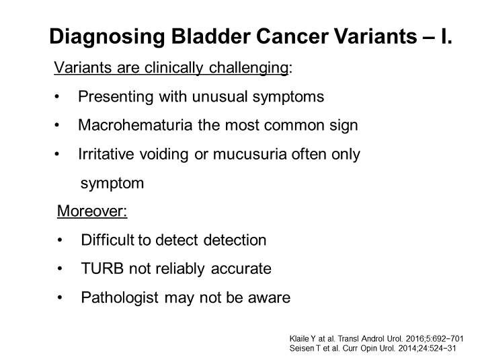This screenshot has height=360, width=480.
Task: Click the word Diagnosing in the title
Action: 107,37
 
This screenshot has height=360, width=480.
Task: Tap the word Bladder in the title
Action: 210,36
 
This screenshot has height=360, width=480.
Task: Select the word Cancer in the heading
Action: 292,36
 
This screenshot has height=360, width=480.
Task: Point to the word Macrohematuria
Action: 135,125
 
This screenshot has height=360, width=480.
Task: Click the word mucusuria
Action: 250,154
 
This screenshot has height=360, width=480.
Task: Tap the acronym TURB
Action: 102,268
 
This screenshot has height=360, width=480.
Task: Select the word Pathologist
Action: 120,297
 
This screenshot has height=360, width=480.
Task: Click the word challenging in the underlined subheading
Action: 249,68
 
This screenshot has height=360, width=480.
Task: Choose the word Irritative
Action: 106,154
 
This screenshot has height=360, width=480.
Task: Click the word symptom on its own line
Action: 112,184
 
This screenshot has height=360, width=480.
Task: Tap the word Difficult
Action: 108,240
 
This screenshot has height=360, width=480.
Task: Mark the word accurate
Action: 241,268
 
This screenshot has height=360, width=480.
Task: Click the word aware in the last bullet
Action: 269,298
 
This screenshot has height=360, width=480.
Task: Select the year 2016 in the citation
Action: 413,338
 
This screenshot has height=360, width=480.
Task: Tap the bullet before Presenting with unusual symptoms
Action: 56,97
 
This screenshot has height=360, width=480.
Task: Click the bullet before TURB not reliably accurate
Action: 60,268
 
